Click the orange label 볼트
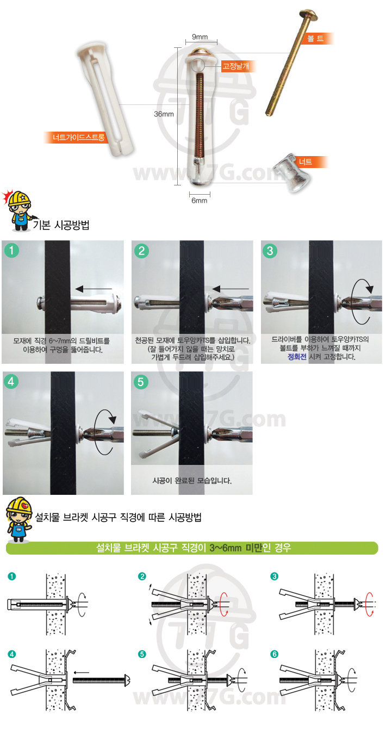[315, 39]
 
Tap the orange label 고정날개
[235, 66]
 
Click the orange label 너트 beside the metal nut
[306, 162]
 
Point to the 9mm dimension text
[200, 36]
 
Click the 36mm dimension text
[164, 114]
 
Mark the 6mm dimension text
[200, 201]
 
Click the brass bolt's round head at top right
[308, 15]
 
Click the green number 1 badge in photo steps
[11, 250]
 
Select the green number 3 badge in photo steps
[270, 251]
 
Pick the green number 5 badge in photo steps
[141, 382]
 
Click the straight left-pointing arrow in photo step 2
[231, 289]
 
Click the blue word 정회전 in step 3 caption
[297, 357]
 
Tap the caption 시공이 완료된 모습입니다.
[192, 481]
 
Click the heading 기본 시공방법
[61, 225]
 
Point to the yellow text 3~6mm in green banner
[226, 548]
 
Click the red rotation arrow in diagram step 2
[224, 604]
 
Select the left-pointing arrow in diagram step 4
[81, 673]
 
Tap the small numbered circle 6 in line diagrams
[274, 654]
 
